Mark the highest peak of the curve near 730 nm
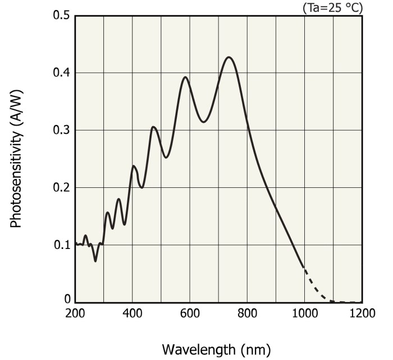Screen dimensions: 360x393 [229, 57]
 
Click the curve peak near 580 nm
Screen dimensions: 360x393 [185, 77]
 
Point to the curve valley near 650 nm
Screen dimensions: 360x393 [204, 122]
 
